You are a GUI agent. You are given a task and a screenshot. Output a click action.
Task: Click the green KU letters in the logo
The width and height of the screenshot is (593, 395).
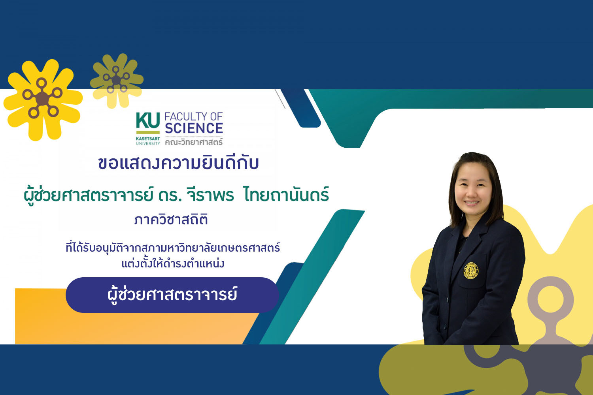148,120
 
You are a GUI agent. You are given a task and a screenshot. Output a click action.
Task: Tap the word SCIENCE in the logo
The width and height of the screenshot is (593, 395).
194,128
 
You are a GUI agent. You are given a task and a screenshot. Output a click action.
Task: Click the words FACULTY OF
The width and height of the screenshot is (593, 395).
194,117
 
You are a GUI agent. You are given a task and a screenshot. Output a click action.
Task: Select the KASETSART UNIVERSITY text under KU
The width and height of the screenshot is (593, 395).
148,141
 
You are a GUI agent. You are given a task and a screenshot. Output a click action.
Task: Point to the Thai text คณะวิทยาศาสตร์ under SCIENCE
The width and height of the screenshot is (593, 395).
194,142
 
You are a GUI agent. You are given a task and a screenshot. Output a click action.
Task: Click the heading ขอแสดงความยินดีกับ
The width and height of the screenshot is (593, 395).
178,163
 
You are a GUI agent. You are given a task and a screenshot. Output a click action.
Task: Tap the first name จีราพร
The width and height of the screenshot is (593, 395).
210,195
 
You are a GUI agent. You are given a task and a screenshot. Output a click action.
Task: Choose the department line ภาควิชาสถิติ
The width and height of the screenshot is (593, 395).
171,220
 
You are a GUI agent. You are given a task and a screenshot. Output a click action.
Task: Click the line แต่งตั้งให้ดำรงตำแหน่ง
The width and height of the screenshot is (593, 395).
173,263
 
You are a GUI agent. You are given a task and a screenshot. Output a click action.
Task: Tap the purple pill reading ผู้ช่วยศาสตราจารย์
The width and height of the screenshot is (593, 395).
172,295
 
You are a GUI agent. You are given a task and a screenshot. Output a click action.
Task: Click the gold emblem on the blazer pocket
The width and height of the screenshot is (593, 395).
471,271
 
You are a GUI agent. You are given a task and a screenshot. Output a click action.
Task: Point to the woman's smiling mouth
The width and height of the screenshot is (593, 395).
472,203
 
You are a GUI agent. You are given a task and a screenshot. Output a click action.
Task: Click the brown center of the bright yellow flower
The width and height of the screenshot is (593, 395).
42,98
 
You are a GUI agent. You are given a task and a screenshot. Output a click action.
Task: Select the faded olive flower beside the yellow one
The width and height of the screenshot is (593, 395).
117,80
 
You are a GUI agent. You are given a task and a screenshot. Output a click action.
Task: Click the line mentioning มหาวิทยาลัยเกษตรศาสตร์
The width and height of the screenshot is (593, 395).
173,248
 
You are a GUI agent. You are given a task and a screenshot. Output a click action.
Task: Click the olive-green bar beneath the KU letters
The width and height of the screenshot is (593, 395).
148,132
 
